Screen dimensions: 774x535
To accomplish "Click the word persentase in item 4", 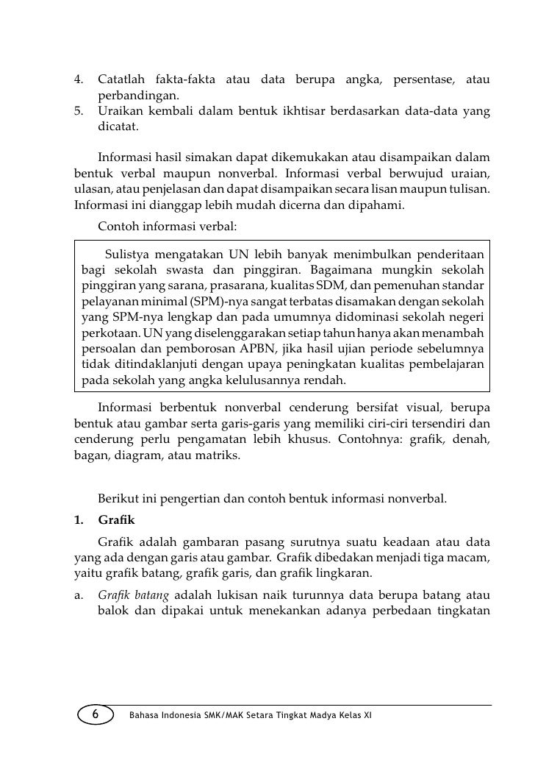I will click(x=420, y=79).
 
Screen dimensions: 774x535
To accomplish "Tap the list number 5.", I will click(x=79, y=110).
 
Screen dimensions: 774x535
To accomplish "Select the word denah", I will click(x=473, y=439).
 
